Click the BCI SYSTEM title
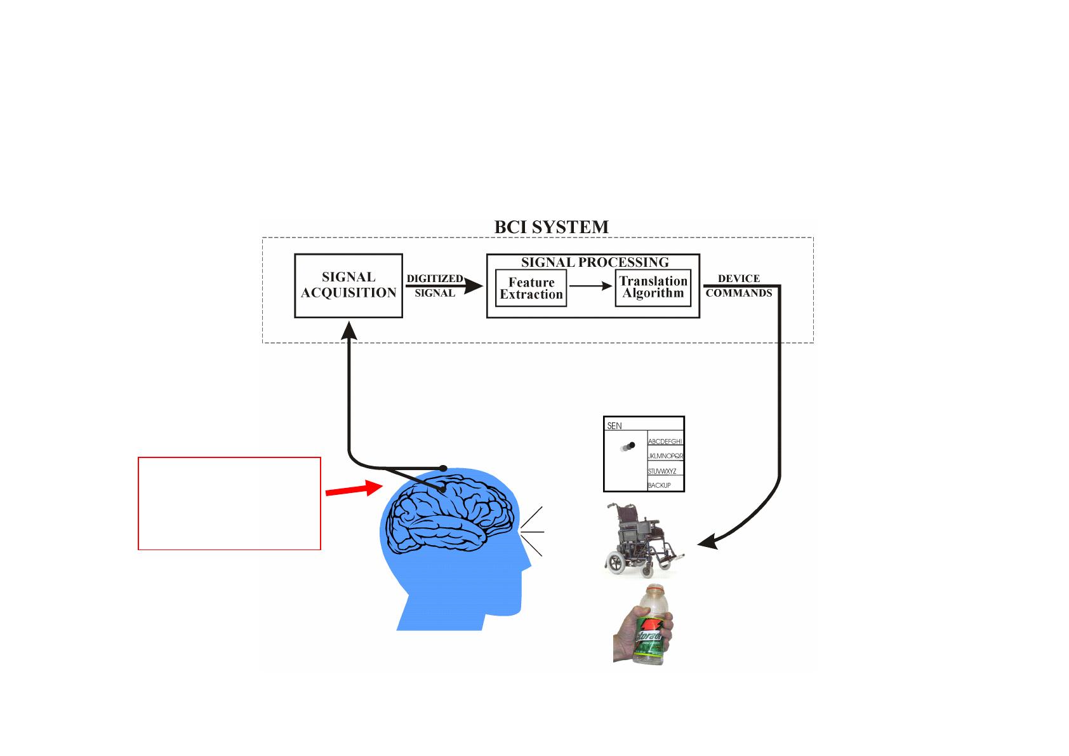pos(551,227)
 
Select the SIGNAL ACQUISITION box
pos(349,285)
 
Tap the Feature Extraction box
pos(531,288)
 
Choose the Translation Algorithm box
pos(653,288)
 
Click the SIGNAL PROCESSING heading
pos(595,262)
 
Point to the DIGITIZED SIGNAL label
pos(435,286)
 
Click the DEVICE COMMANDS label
pos(739,286)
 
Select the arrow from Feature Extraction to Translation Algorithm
pos(590,287)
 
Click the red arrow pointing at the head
pos(349,489)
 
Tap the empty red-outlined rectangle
pos(229,503)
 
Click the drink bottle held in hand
pos(651,626)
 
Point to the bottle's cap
pos(653,590)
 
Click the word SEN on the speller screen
pos(614,426)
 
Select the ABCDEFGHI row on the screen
pos(665,441)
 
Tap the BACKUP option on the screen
pos(660,485)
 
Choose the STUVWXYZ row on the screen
pos(662,471)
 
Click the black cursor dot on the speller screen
pos(632,445)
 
